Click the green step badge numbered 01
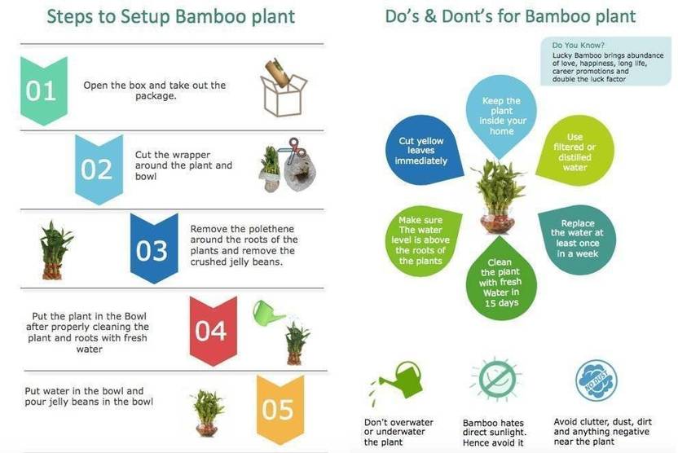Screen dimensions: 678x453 tap(44, 90)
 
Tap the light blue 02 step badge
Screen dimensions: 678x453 tap(99, 169)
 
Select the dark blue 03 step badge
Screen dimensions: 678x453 tap(154, 248)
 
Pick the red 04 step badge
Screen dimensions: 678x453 tap(214, 331)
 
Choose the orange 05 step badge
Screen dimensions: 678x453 tap(280, 409)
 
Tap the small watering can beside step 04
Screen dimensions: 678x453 tap(267, 313)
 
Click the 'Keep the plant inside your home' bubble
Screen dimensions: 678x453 tap(501, 116)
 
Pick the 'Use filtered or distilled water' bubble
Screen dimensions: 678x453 tap(575, 152)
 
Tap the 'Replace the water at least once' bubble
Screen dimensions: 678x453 tap(577, 239)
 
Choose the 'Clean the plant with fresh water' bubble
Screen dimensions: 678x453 tap(500, 279)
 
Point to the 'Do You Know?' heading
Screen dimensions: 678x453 tap(578, 45)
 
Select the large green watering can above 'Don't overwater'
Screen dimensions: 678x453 tap(400, 380)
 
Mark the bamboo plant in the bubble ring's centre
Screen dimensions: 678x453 tap(499, 196)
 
